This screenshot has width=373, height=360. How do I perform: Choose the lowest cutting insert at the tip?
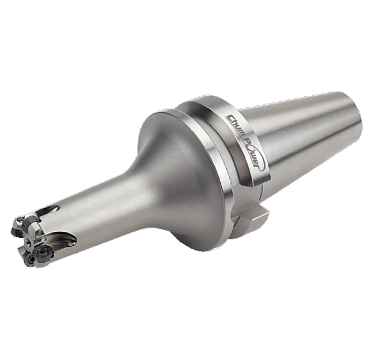click(31, 260)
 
